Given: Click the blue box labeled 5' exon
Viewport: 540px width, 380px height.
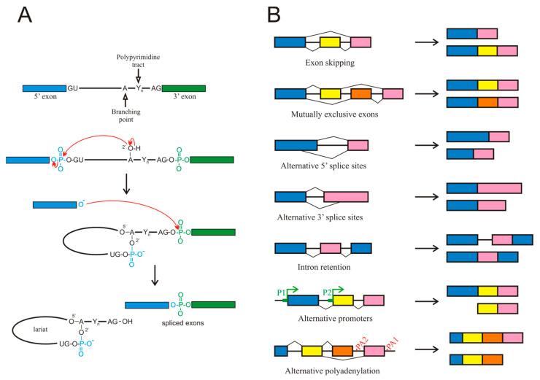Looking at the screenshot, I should (43, 88).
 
